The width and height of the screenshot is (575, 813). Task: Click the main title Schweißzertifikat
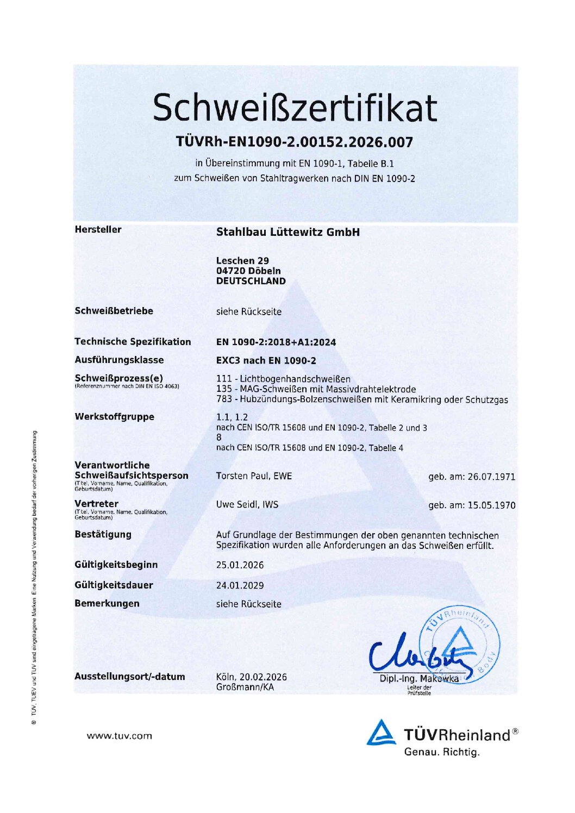coord(294,107)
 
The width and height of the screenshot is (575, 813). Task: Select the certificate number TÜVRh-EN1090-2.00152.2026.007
coord(294,142)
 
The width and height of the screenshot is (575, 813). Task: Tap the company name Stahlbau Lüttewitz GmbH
coord(287,232)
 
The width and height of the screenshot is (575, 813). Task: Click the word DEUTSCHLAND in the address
coord(251,281)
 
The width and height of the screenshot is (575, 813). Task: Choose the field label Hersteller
coord(98,229)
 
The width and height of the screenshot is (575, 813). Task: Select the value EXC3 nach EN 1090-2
coord(266,360)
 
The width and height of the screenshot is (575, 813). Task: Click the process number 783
coord(223,399)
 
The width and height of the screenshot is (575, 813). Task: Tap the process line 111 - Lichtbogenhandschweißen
coord(283,379)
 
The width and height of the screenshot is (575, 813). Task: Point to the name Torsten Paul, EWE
coord(254,476)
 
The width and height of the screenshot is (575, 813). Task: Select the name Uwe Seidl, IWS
coord(247,504)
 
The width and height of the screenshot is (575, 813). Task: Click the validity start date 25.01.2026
coord(240,565)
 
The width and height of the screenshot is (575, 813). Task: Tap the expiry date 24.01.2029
coord(240,585)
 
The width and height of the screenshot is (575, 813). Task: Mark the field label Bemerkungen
coord(107,603)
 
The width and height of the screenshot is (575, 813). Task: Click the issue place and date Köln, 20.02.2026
coord(251,677)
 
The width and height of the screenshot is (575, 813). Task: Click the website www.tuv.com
coord(119,736)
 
